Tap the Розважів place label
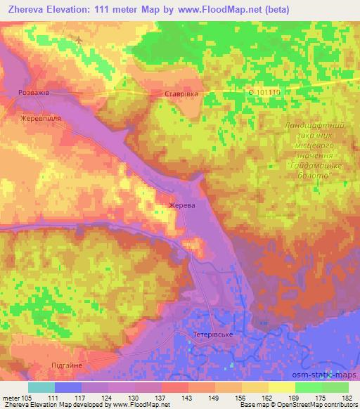coord(33,92)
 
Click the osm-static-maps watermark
coord(324,376)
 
